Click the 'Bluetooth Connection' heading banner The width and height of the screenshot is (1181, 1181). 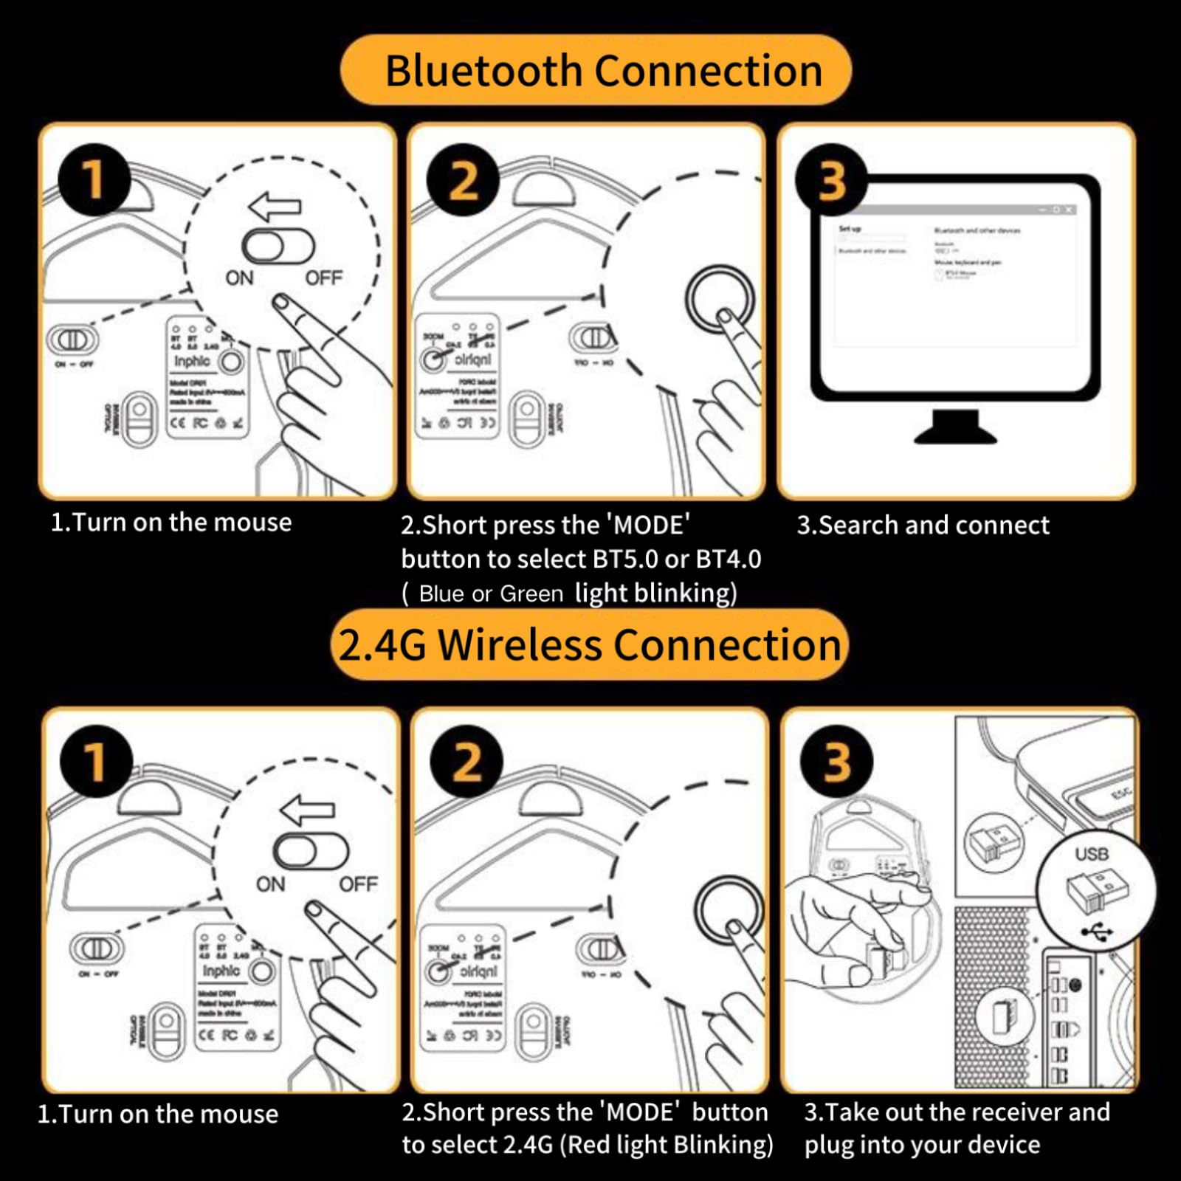[596, 71]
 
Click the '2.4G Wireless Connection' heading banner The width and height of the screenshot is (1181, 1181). [589, 645]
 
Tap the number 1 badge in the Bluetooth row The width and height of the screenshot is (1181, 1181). [94, 179]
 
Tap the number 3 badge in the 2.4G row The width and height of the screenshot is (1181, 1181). [836, 761]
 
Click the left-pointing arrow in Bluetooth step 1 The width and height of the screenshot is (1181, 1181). [275, 207]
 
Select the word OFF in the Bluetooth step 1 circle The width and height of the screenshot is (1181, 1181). [324, 278]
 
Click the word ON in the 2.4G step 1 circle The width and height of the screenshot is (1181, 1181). [270, 884]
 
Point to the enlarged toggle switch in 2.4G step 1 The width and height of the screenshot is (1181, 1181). [311, 851]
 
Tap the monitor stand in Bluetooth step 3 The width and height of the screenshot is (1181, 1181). [955, 429]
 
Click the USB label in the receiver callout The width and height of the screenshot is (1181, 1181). [1091, 854]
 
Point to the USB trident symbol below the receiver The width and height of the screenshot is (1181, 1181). [1098, 932]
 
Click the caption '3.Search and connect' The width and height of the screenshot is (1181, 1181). [923, 525]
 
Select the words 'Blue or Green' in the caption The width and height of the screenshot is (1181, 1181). [491, 594]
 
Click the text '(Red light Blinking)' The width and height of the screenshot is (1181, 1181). [667, 1145]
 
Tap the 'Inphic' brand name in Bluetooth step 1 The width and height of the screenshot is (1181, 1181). [192, 362]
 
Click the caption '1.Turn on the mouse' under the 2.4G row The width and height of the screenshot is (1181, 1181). [158, 1114]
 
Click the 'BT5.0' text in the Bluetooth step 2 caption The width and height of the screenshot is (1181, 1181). [625, 559]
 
